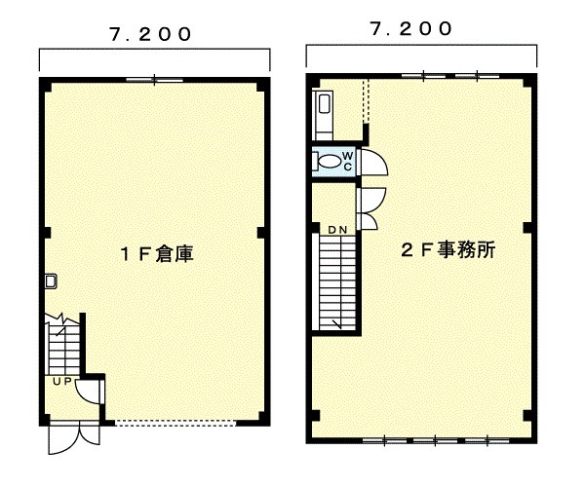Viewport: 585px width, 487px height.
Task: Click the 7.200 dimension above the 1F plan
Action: coord(150,34)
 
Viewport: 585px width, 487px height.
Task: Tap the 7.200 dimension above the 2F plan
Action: coord(411,28)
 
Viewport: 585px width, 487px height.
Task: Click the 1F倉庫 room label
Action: coord(157,254)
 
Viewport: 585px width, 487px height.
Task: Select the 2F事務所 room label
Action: coord(448,249)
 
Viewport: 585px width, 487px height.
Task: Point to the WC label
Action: coord(347,161)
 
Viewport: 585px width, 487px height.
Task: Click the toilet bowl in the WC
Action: coord(331,162)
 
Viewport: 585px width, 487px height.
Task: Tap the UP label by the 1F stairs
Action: coord(62,382)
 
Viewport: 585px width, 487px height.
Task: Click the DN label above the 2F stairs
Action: coord(337,230)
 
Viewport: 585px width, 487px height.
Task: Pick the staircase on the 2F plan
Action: coord(337,282)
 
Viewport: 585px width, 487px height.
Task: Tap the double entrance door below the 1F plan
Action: coord(75,439)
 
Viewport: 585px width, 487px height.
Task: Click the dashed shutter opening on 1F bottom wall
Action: coord(175,423)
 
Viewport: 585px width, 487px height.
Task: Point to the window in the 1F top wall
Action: coord(154,80)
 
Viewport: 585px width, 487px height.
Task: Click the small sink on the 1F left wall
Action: coord(51,281)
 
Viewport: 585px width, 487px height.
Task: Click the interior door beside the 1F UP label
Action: coord(90,392)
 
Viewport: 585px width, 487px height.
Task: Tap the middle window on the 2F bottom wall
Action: coord(436,440)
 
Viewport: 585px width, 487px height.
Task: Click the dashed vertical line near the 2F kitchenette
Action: coord(366,100)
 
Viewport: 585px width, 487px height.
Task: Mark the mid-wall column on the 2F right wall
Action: coord(527,227)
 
